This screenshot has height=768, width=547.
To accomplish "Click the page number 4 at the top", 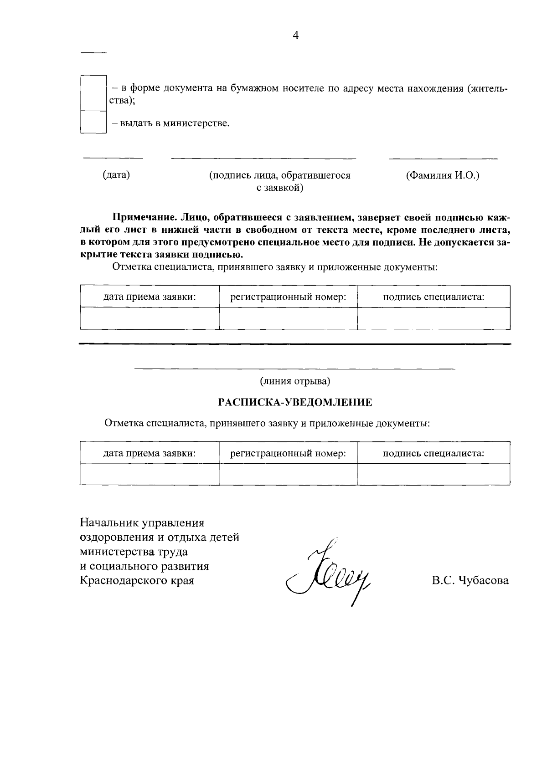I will [x=295, y=36].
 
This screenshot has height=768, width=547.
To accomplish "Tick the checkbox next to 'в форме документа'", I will [x=93, y=93].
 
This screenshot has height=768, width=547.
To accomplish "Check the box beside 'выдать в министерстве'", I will [x=93, y=122].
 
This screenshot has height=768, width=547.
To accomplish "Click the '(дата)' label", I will [x=116, y=175].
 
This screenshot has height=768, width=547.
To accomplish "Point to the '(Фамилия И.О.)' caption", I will [x=443, y=175].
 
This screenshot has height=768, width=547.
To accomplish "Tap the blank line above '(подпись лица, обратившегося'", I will [x=263, y=159].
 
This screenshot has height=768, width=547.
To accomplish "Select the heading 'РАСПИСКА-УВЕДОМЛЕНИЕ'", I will [x=295, y=402].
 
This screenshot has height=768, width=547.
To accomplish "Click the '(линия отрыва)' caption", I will [x=295, y=380].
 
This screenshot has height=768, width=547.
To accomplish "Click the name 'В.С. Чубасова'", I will [x=470, y=581].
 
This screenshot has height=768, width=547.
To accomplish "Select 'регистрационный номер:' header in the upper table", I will [x=288, y=297].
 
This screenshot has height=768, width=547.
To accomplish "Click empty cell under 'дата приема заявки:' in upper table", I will [x=150, y=318].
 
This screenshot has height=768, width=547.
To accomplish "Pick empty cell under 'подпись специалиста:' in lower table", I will [x=433, y=474].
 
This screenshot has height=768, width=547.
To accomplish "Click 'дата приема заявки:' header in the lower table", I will [x=150, y=453].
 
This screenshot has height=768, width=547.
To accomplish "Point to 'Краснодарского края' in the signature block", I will [x=137, y=581].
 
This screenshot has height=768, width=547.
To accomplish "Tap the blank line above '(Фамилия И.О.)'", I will [x=443, y=159].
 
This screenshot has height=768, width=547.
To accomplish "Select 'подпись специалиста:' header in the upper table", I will [x=433, y=297].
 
